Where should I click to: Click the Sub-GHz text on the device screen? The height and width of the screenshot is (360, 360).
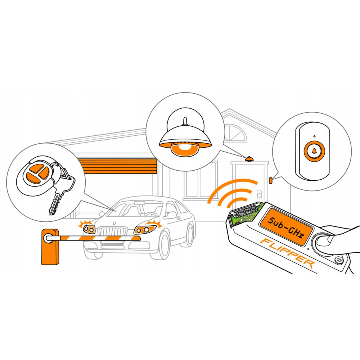(286, 227)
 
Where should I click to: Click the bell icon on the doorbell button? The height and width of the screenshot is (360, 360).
(314, 151)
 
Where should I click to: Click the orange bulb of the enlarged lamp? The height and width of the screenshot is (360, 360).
(185, 149)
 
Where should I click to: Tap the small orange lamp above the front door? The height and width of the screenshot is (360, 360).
(249, 159)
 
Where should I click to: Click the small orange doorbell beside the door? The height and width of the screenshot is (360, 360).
(271, 180)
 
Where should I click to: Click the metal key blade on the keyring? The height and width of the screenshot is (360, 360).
(55, 204)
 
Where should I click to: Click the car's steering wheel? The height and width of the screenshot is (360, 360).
(150, 215)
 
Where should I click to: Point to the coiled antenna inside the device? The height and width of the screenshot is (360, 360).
(244, 211)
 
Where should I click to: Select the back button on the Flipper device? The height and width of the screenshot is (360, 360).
(339, 260)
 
